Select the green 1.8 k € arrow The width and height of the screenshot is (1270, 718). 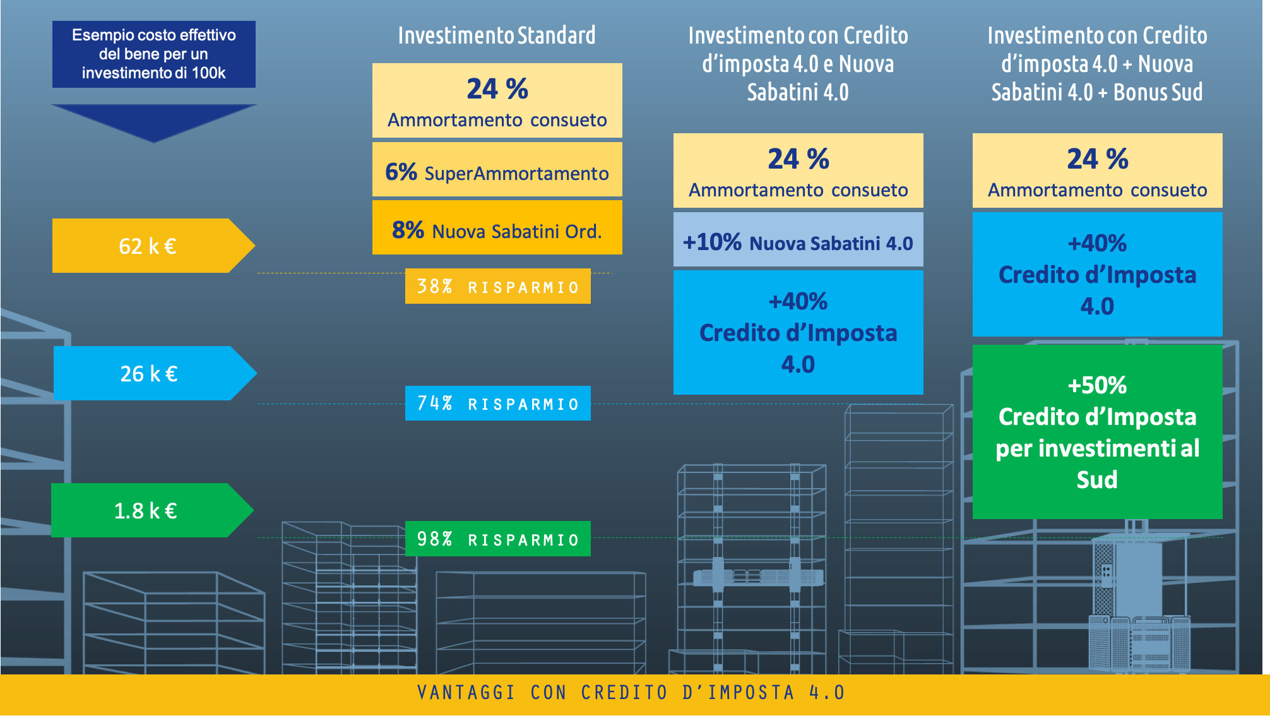click(152, 510)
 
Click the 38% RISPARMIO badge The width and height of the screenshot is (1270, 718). click(498, 286)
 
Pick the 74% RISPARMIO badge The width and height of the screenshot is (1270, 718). click(498, 403)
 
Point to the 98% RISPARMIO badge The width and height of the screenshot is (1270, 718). click(498, 539)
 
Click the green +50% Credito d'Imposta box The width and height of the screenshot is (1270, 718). click(1098, 432)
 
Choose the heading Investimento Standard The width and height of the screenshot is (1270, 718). click(497, 35)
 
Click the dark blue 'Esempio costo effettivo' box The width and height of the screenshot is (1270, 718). click(154, 54)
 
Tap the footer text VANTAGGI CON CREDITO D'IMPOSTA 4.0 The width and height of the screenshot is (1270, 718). click(631, 693)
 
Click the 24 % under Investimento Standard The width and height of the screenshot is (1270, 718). click(497, 88)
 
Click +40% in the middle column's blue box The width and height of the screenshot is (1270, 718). click(798, 301)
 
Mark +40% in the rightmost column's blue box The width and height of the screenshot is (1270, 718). click(1097, 243)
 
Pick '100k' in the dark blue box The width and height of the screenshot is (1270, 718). click(209, 73)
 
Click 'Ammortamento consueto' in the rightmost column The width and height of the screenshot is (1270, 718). click(1098, 190)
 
